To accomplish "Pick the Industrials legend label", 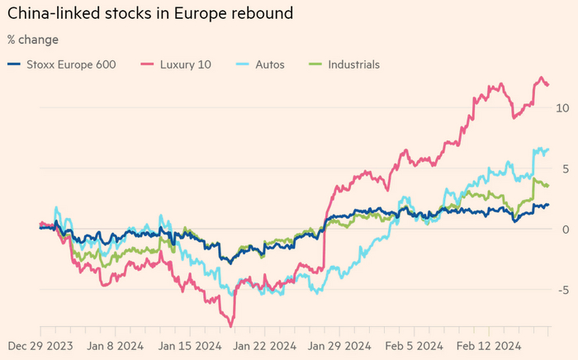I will tap(352, 64).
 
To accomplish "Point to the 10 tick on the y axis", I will tap(562, 107).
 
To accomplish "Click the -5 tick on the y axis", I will tap(562, 290).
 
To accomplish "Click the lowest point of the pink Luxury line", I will tap(232, 324).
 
